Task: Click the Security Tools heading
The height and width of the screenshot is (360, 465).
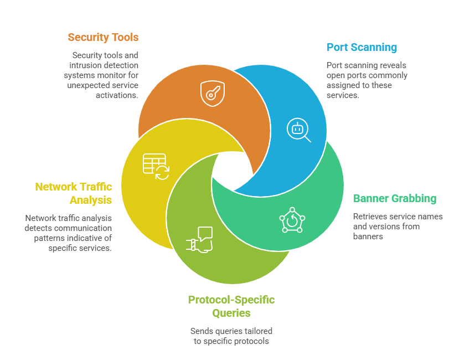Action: click(x=103, y=38)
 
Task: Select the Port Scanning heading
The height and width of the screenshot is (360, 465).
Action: click(x=361, y=47)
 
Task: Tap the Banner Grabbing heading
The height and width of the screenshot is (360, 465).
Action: click(x=395, y=198)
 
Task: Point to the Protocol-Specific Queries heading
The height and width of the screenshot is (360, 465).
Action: click(x=231, y=306)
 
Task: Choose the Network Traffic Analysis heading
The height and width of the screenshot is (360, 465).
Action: click(x=74, y=193)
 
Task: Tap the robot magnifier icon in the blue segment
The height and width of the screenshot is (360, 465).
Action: click(x=298, y=130)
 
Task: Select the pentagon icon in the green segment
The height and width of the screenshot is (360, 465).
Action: click(x=291, y=220)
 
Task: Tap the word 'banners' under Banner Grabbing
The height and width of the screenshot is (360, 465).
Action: click(x=369, y=236)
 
